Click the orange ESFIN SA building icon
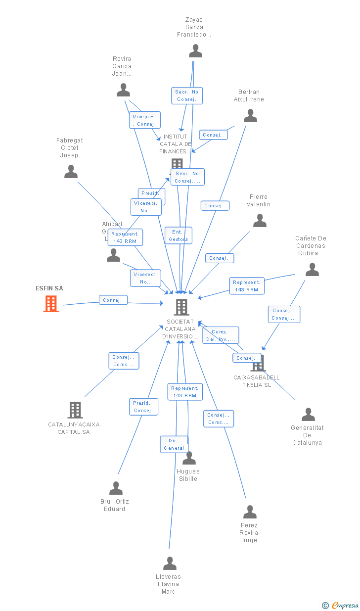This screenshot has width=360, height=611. coord(51,303)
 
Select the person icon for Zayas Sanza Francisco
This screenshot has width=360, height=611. coord(195,51)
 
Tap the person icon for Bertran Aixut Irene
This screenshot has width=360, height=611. coord(250,116)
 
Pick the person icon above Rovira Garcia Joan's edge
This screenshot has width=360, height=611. coord(123,90)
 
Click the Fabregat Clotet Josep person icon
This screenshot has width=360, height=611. coord(71,172)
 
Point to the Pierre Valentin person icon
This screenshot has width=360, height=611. coord(260,221)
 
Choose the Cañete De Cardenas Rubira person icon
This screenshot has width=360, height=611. coord(312,270)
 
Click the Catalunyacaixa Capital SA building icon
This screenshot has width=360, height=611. coord(75,410)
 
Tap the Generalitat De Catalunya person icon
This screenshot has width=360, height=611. coord(308,415)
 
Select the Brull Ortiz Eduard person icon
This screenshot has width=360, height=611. coord(116,488)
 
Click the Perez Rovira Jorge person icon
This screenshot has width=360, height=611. coord(250,512)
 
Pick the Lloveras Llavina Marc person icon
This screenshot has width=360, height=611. coord(170,564)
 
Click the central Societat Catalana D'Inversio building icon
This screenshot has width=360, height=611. coord(181,307)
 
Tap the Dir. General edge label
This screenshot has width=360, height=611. coord(174,444)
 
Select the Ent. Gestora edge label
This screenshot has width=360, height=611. coord(178,235)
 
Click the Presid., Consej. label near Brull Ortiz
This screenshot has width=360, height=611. coord(143,407)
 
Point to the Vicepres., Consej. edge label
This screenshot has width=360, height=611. coord(145,120)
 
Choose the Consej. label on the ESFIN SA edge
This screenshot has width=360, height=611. coord(113,300)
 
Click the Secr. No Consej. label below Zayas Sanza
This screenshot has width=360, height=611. coord(187,95)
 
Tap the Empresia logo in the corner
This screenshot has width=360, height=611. coord(345,605)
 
